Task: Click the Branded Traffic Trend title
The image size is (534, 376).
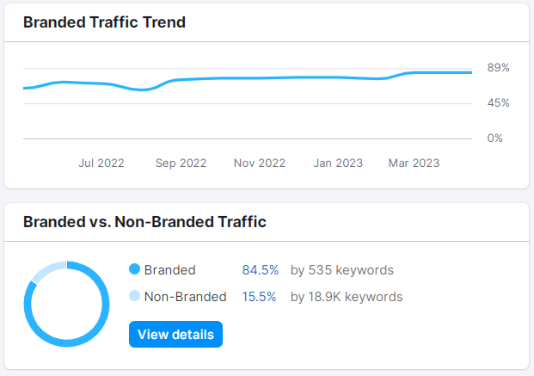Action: click(x=104, y=22)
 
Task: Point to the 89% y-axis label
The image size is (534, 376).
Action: click(x=499, y=68)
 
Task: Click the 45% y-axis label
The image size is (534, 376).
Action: click(x=499, y=103)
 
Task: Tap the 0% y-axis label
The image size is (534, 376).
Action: click(x=495, y=138)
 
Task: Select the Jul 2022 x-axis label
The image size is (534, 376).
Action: click(x=101, y=163)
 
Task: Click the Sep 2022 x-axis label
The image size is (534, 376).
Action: click(x=181, y=163)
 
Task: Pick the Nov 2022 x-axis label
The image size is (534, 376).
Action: click(x=259, y=163)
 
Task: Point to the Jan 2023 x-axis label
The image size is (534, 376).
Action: click(x=338, y=163)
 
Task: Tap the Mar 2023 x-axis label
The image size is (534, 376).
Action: click(x=414, y=163)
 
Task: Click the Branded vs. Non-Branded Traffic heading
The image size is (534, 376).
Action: click(x=144, y=222)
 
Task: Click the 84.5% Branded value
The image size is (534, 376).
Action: click(x=261, y=270)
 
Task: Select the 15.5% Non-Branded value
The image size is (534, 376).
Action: click(x=260, y=297)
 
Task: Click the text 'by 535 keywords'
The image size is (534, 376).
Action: click(x=341, y=270)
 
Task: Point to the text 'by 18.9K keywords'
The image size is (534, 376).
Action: click(x=346, y=297)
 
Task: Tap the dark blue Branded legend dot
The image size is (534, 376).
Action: click(x=134, y=270)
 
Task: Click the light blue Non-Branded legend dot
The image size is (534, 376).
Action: click(x=134, y=297)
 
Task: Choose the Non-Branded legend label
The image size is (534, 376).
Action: click(x=185, y=297)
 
